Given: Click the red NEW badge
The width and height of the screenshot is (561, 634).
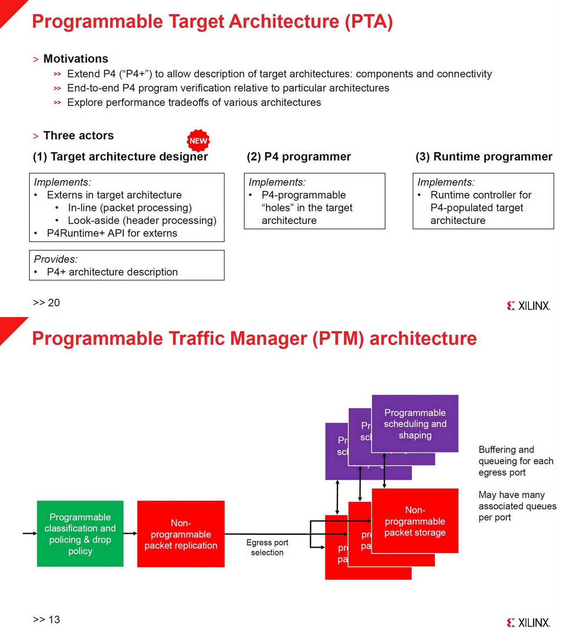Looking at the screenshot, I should point(198,141).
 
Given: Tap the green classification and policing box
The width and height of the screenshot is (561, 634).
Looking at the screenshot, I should point(80,533).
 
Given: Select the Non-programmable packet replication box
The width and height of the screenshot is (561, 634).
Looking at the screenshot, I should point(181,534).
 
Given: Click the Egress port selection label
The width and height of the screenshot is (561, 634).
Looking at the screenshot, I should point(267,547).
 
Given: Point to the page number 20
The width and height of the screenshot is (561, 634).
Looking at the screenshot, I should point(53,303).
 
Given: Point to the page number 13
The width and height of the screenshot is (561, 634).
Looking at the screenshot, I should point(53,619).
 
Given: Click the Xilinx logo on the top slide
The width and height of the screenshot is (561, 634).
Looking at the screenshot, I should point(528,306).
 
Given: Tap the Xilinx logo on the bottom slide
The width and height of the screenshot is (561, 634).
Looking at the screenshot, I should point(528,623).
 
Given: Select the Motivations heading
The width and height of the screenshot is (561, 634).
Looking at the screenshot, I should point(76,59).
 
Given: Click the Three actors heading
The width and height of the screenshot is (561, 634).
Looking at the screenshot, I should point(78,136).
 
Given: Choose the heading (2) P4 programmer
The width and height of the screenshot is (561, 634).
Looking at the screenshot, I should point(299,157).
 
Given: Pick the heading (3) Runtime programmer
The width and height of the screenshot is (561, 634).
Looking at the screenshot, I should point(484,157).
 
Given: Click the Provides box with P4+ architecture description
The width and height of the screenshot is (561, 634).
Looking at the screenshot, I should point(127,265).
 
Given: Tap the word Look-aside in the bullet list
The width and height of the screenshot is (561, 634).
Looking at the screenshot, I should point(93,220).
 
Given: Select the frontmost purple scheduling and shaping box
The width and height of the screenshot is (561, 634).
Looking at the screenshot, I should point(415,424).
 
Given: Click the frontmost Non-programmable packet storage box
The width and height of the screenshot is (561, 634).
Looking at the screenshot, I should point(415,521).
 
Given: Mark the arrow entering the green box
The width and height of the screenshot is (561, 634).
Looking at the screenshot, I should point(30,533).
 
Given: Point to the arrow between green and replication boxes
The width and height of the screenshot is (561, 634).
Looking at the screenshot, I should point(130,533).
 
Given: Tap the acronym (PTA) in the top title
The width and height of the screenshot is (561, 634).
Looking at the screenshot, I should point(369,21).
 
